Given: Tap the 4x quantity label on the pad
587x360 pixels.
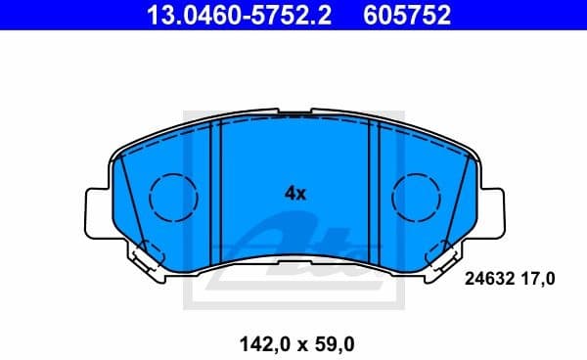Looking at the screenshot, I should pos(294,193).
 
